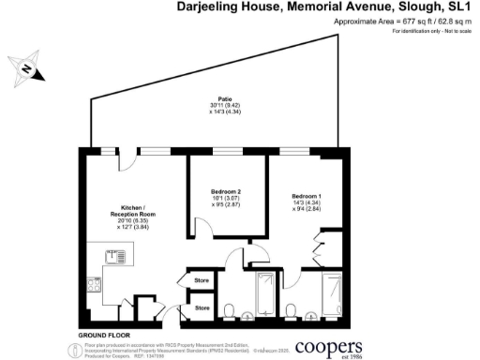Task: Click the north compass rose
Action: [28, 68]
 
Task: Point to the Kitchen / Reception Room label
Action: [132, 210]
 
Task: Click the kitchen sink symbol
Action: [116, 254]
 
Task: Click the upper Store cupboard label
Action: [201, 280]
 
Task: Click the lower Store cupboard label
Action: [201, 307]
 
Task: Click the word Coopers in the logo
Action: [330, 347]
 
